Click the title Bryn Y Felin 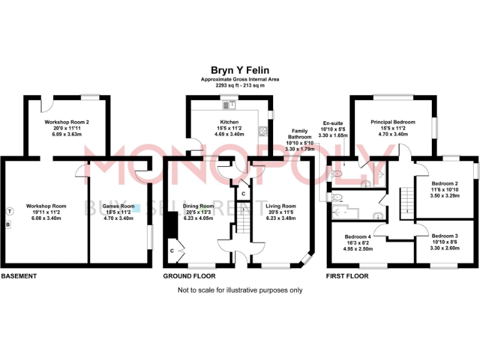[240, 71]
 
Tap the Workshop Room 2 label [67, 122]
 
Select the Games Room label [118, 206]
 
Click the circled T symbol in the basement [9, 211]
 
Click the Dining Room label [198, 206]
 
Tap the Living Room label [281, 206]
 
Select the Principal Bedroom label [392, 122]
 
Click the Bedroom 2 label [446, 183]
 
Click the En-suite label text [332, 124]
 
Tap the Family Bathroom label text [299, 132]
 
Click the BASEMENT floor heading [19, 276]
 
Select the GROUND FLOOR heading [189, 276]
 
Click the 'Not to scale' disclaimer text [240, 290]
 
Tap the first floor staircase [407, 201]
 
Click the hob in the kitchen [262, 132]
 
